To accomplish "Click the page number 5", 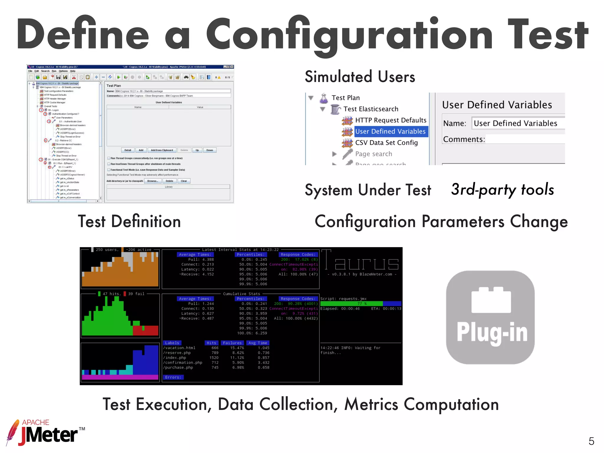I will click(x=591, y=441).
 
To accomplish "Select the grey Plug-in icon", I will click(x=490, y=317).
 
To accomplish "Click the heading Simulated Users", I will click(x=360, y=77).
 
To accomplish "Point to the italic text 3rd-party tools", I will click(x=502, y=189).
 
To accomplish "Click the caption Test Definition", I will click(x=129, y=221).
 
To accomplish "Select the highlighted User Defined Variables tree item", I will click(x=390, y=132).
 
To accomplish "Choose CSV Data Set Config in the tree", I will click(x=386, y=143).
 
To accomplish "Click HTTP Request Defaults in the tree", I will click(x=390, y=120).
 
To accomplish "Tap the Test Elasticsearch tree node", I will click(x=371, y=109).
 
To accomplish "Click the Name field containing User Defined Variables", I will click(x=518, y=123).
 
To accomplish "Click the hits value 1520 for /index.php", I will click(x=214, y=358).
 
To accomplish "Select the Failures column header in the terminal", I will click(x=232, y=343).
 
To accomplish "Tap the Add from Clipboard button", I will click(x=162, y=150).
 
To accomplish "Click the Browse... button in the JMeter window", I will click(x=152, y=181).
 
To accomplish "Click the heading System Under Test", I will click(x=368, y=190).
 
